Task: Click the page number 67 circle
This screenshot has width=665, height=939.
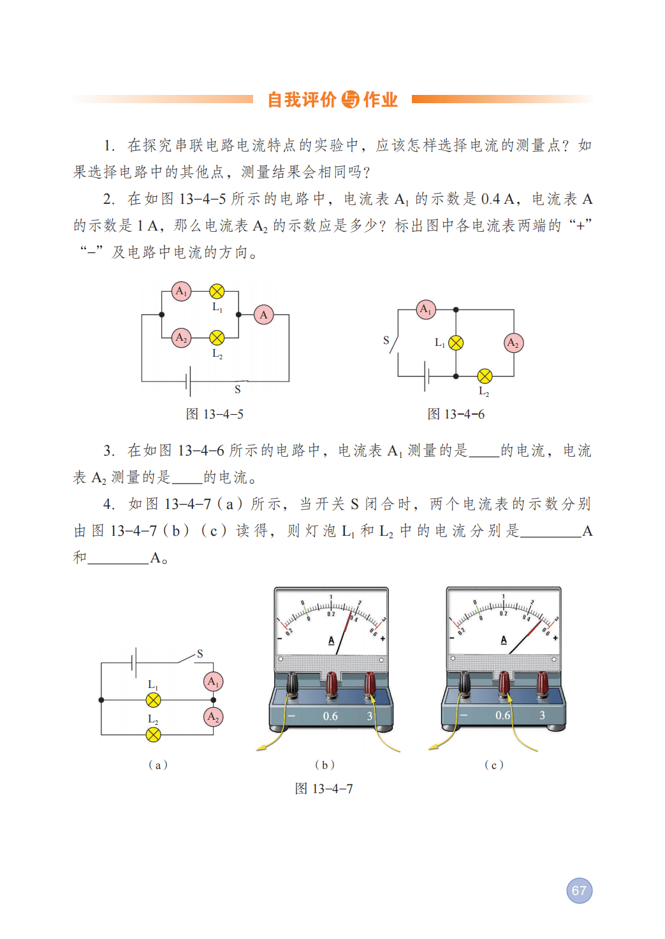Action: pyautogui.click(x=579, y=891)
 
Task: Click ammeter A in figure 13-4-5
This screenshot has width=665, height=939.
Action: pyautogui.click(x=264, y=315)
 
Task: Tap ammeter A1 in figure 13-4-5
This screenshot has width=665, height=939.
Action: pyautogui.click(x=182, y=292)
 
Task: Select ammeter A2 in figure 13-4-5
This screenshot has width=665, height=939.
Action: pyautogui.click(x=182, y=338)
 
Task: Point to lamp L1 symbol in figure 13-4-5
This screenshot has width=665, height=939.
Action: pyautogui.click(x=217, y=292)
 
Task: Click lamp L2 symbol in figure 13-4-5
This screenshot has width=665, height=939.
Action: pyautogui.click(x=217, y=338)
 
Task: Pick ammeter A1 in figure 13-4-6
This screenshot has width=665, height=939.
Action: pyautogui.click(x=426, y=310)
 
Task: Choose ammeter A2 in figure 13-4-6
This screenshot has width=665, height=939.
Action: pyautogui.click(x=513, y=343)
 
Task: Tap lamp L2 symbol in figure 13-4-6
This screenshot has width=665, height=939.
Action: pyautogui.click(x=485, y=376)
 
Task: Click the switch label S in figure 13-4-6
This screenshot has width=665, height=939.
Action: pyautogui.click(x=386, y=340)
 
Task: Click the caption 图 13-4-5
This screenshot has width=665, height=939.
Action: pyautogui.click(x=214, y=414)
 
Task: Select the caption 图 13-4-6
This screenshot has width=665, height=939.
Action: pyautogui.click(x=456, y=414)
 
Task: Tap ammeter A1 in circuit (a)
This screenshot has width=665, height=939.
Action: pyautogui.click(x=213, y=682)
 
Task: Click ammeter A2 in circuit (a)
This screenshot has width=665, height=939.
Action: pyautogui.click(x=213, y=717)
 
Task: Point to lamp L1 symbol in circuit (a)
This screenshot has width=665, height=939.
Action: pyautogui.click(x=153, y=700)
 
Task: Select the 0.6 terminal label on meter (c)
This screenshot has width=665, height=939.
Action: pyautogui.click(x=503, y=715)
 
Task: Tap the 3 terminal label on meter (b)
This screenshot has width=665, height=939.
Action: pyautogui.click(x=370, y=716)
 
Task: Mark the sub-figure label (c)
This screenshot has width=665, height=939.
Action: pyautogui.click(x=494, y=764)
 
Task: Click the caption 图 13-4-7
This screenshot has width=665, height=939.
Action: pyautogui.click(x=324, y=789)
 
